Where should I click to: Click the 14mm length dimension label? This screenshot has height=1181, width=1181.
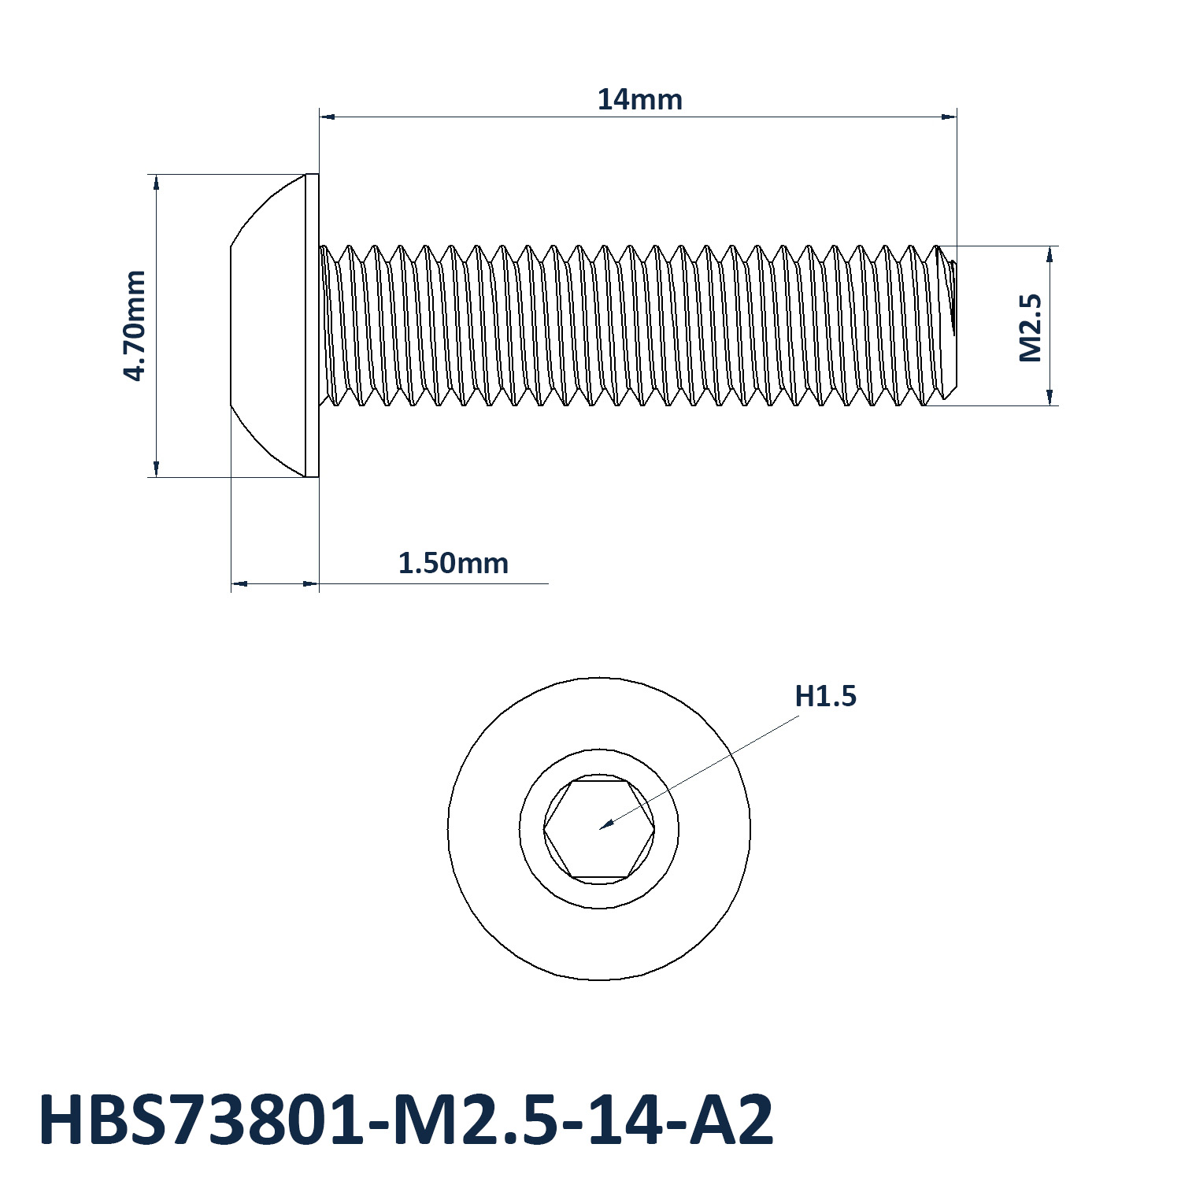click(x=639, y=100)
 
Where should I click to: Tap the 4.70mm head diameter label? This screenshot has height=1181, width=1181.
click(x=135, y=325)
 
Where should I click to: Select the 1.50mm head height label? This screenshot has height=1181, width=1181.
click(x=453, y=564)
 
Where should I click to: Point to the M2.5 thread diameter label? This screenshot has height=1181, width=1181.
click(x=1030, y=328)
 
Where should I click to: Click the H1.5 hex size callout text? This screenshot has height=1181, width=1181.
click(x=825, y=696)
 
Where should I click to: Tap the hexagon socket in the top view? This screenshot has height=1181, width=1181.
click(x=599, y=829)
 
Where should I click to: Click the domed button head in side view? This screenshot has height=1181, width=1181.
click(x=268, y=325)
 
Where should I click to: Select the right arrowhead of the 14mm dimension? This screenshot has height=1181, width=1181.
click(x=948, y=117)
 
